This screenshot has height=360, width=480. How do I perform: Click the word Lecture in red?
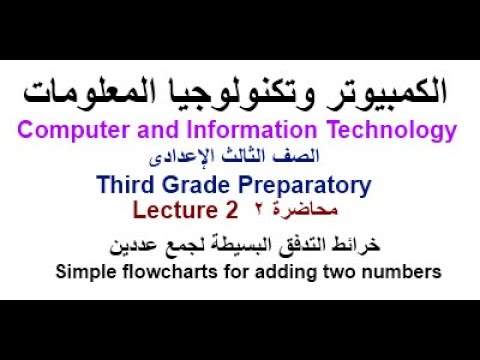coord(173,211)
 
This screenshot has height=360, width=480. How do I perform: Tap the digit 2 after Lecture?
coord(232,211)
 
